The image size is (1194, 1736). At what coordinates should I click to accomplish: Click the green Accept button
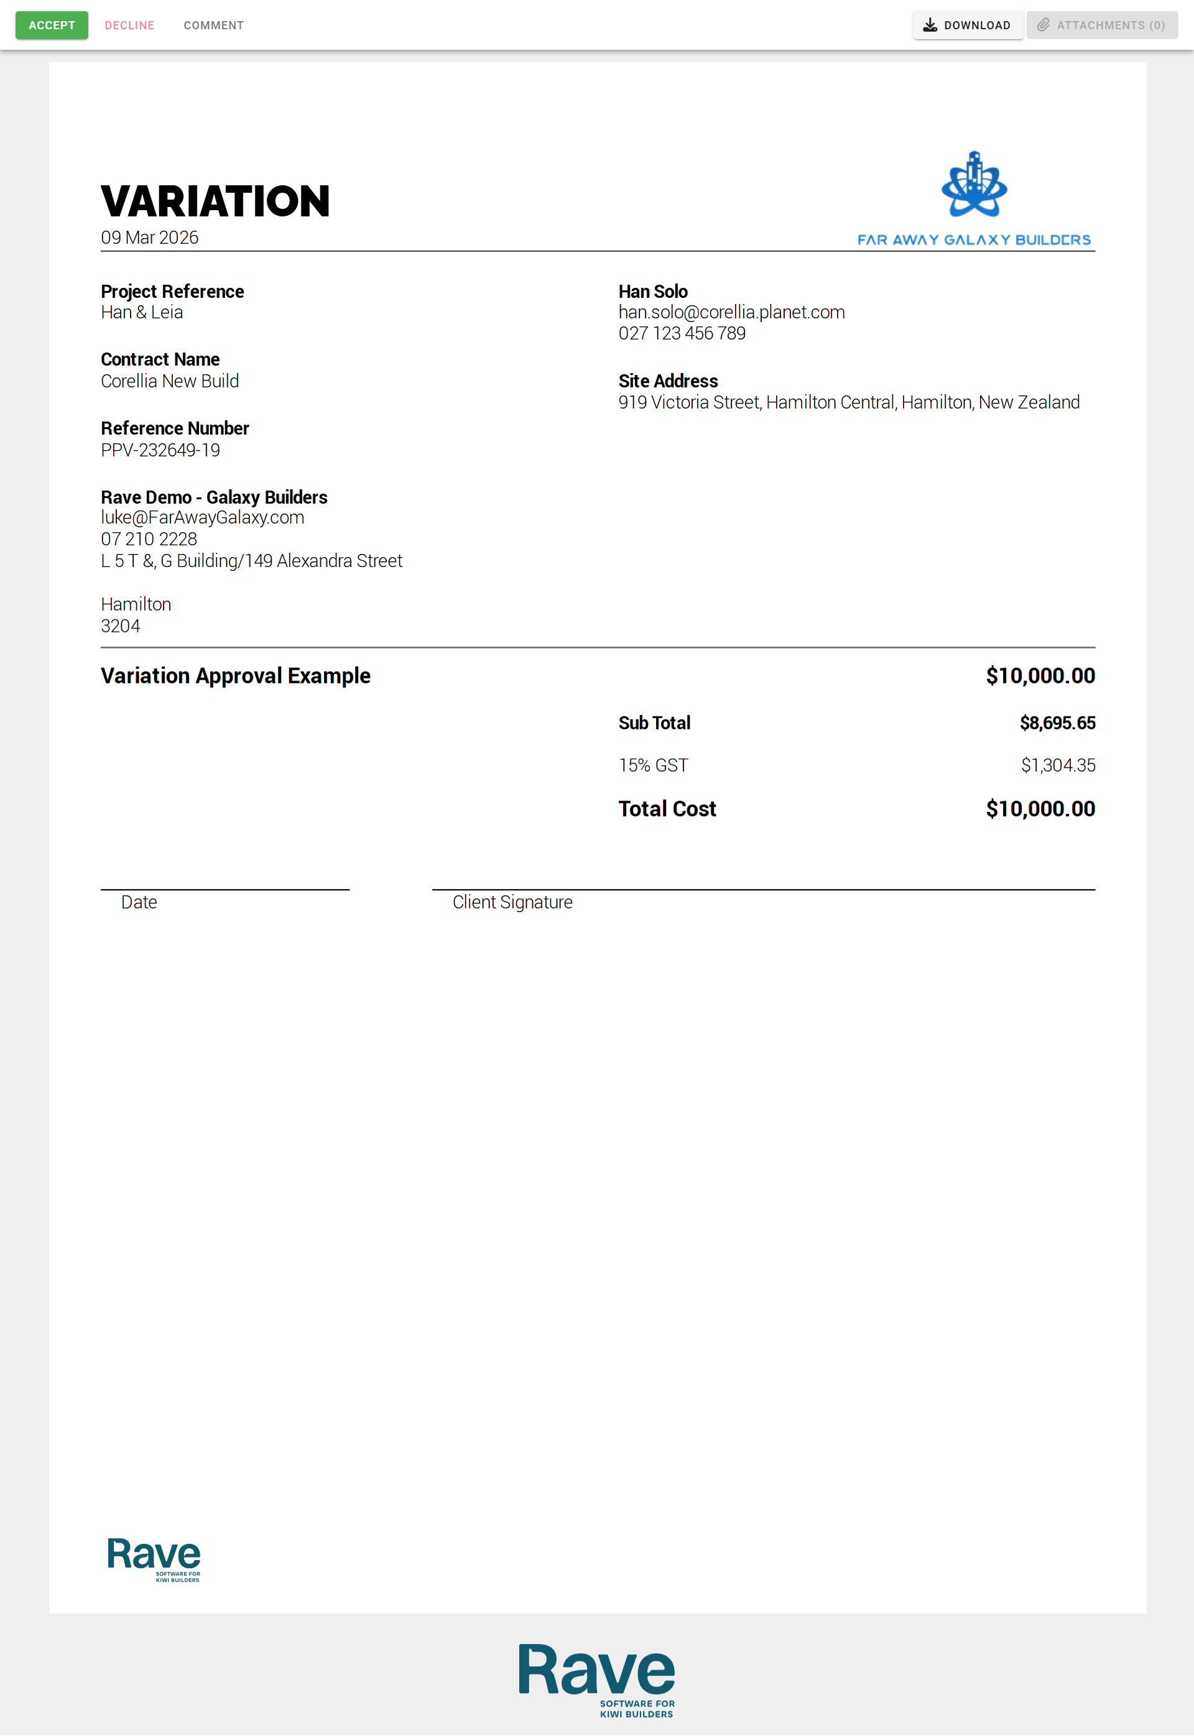click(52, 25)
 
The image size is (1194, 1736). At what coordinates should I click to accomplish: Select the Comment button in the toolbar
click(213, 25)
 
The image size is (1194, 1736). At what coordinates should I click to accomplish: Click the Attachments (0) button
click(1101, 25)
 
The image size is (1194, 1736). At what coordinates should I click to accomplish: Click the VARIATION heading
click(215, 201)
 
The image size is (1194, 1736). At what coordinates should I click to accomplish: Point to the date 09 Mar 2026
click(150, 238)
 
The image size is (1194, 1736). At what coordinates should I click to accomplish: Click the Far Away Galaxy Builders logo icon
click(973, 185)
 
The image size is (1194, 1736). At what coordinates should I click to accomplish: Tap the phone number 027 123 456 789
click(682, 334)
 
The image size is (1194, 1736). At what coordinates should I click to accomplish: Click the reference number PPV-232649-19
click(160, 450)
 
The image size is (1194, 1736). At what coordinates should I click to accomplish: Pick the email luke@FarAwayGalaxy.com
click(202, 517)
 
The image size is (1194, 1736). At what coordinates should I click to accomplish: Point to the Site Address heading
click(667, 381)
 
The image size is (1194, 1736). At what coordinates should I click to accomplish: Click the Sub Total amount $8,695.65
click(1057, 723)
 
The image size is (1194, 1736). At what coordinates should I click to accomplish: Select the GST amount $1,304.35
click(1057, 765)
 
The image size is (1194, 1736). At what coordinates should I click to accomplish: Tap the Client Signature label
click(512, 902)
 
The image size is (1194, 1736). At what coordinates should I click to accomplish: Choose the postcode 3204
click(121, 626)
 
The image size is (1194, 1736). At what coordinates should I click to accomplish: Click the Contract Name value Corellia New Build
click(170, 381)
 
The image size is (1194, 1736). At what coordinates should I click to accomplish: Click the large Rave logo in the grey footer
click(596, 1678)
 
